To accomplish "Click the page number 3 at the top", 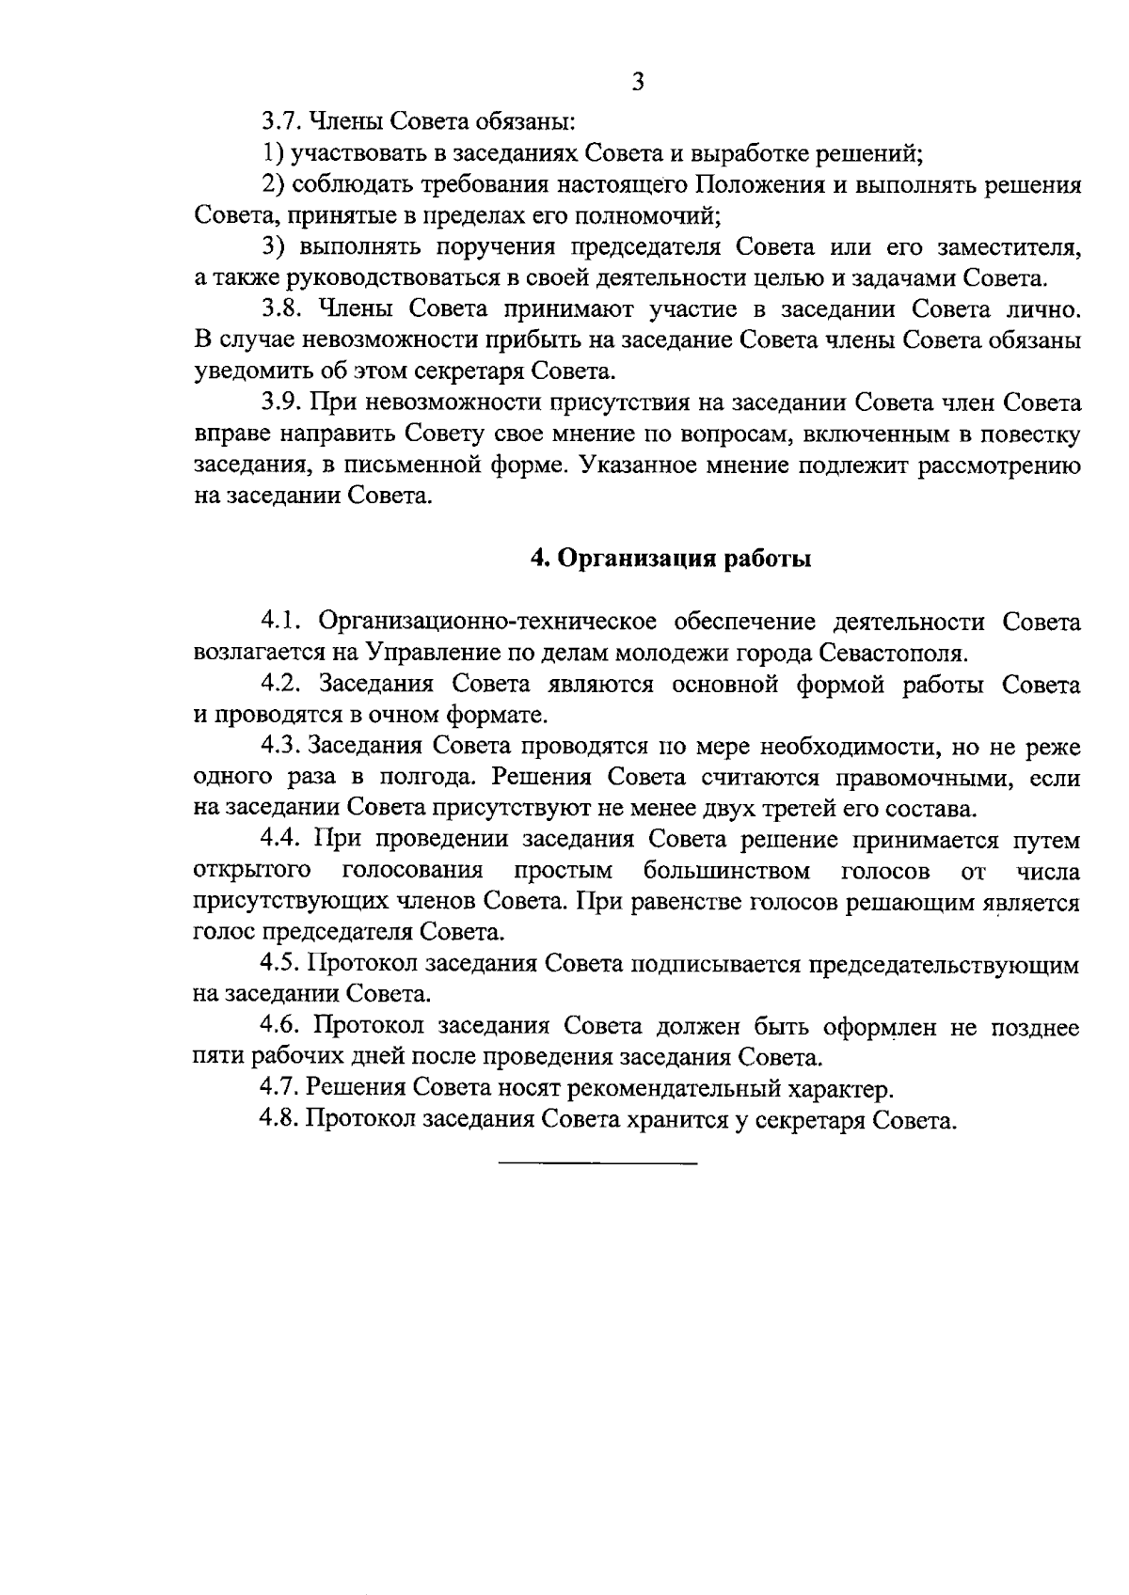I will (x=638, y=82).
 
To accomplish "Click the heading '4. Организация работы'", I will (x=671, y=559).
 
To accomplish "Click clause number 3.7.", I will (x=279, y=121).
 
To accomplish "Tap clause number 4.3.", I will (x=279, y=747).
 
